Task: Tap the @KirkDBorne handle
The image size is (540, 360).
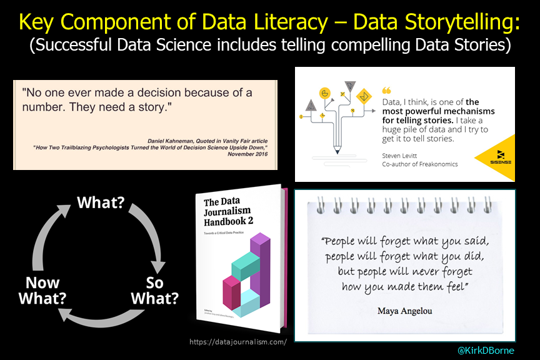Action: pyautogui.click(x=486, y=351)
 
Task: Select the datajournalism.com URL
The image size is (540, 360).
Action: pyautogui.click(x=237, y=341)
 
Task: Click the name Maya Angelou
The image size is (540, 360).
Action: pyautogui.click(x=405, y=311)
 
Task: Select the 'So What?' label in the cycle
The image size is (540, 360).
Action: pyautogui.click(x=154, y=290)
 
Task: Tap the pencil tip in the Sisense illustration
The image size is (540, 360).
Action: pyautogui.click(x=337, y=151)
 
